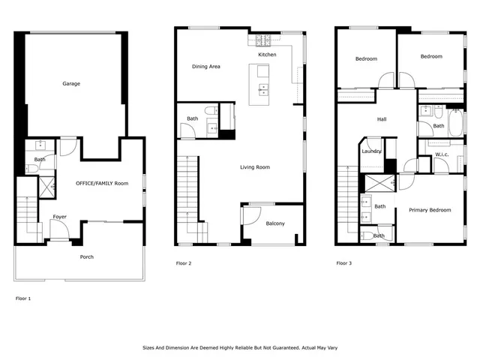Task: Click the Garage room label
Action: (x=71, y=83)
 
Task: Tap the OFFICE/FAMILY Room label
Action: (x=102, y=183)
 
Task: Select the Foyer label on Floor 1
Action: (x=59, y=217)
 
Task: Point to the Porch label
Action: (x=87, y=256)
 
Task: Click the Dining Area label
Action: (x=205, y=67)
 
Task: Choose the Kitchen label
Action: (x=267, y=55)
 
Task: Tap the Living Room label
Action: (x=255, y=166)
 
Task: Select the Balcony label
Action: (x=275, y=223)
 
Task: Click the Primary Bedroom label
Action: (x=430, y=210)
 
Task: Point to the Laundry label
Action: (x=371, y=151)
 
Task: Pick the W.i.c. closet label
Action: (x=442, y=155)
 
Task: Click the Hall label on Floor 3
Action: (x=381, y=119)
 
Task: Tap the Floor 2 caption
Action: (x=184, y=263)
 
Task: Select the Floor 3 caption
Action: (x=343, y=263)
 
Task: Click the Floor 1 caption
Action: (x=24, y=298)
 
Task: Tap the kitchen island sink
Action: (x=263, y=90)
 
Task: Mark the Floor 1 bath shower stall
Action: (x=46, y=186)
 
